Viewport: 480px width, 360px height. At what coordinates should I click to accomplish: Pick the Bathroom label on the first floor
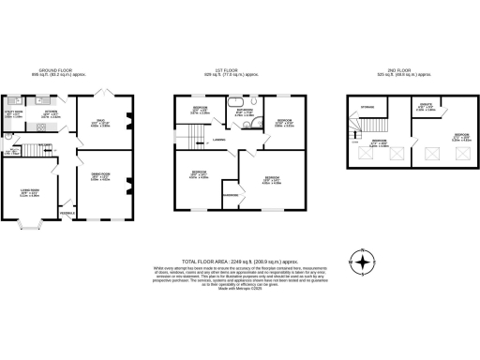click(246, 112)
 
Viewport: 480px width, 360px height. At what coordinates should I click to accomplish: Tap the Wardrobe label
click(229, 194)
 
